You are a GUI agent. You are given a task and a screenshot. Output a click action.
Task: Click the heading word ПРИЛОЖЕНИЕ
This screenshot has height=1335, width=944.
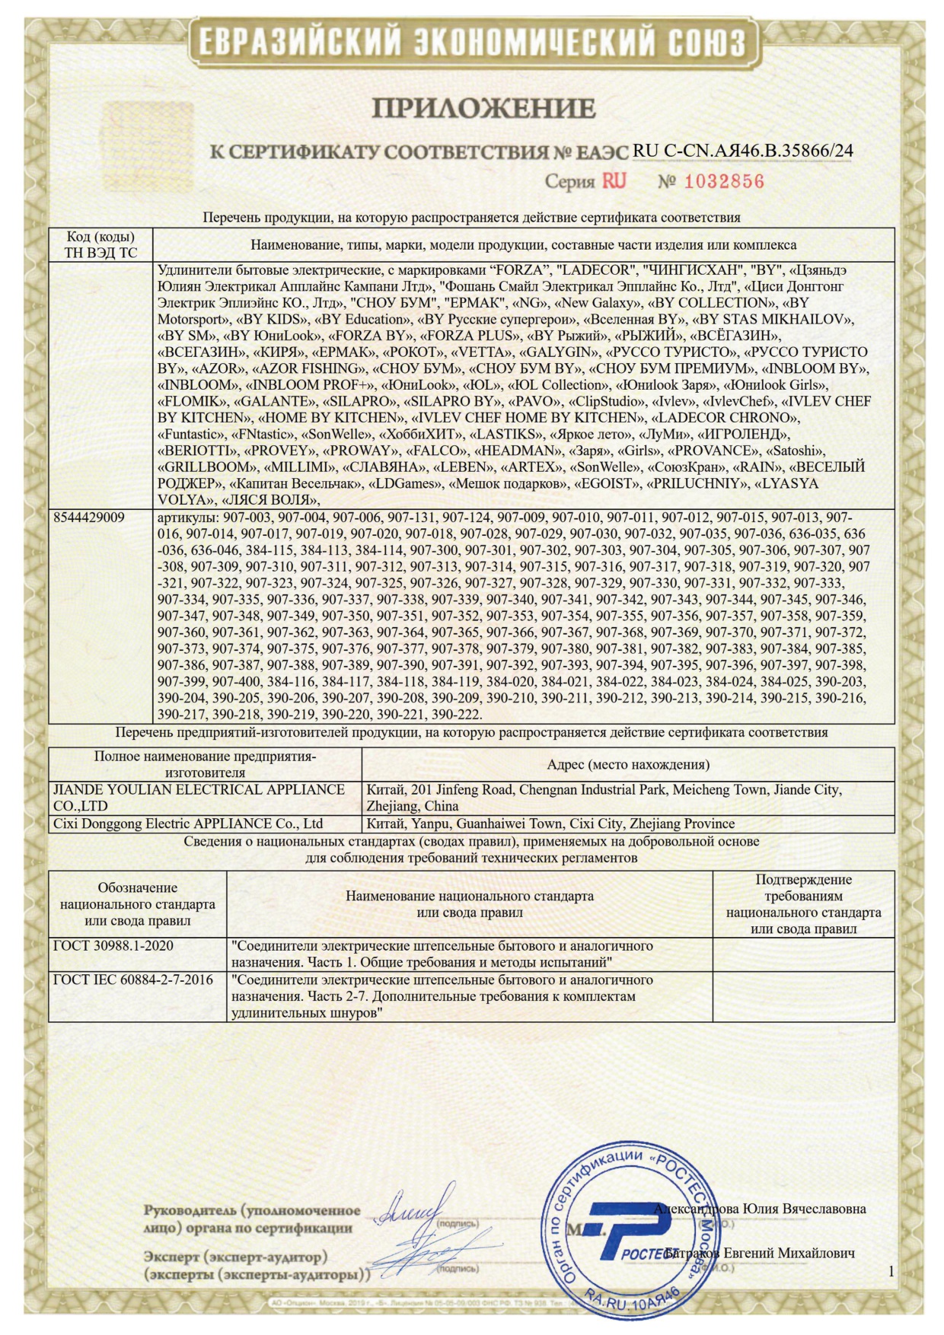[483, 109]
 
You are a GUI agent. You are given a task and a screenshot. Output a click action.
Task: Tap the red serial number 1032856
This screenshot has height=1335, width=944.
[723, 181]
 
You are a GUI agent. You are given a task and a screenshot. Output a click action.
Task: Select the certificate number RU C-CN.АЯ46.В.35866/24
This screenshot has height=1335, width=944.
[742, 151]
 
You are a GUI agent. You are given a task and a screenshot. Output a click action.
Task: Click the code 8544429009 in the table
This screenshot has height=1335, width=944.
[89, 518]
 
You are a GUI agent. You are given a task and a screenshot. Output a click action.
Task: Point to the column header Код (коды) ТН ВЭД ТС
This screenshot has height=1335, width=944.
[100, 245]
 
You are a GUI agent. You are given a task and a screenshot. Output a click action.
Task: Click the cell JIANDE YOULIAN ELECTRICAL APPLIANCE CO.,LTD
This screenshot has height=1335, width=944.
[199, 798]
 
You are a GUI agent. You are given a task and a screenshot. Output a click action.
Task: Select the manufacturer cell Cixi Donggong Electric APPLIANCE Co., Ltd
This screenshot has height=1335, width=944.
[189, 824]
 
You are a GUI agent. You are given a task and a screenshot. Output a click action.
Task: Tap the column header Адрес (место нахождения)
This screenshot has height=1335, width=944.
[627, 764]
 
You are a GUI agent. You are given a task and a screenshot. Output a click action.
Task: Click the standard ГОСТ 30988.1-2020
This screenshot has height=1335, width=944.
[113, 946]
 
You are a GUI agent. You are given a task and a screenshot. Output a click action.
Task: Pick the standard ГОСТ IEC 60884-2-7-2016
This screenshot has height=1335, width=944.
[133, 980]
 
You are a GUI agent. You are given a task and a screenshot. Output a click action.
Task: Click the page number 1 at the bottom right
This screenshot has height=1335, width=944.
[891, 1270]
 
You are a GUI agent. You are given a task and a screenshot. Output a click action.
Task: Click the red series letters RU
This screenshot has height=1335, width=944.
[614, 181]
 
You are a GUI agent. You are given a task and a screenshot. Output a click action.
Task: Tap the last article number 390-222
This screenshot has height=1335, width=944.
[456, 715]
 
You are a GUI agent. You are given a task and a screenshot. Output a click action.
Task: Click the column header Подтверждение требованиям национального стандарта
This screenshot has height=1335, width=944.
[803, 904]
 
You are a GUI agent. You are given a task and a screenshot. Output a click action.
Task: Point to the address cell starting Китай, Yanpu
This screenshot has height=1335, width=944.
[550, 824]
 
